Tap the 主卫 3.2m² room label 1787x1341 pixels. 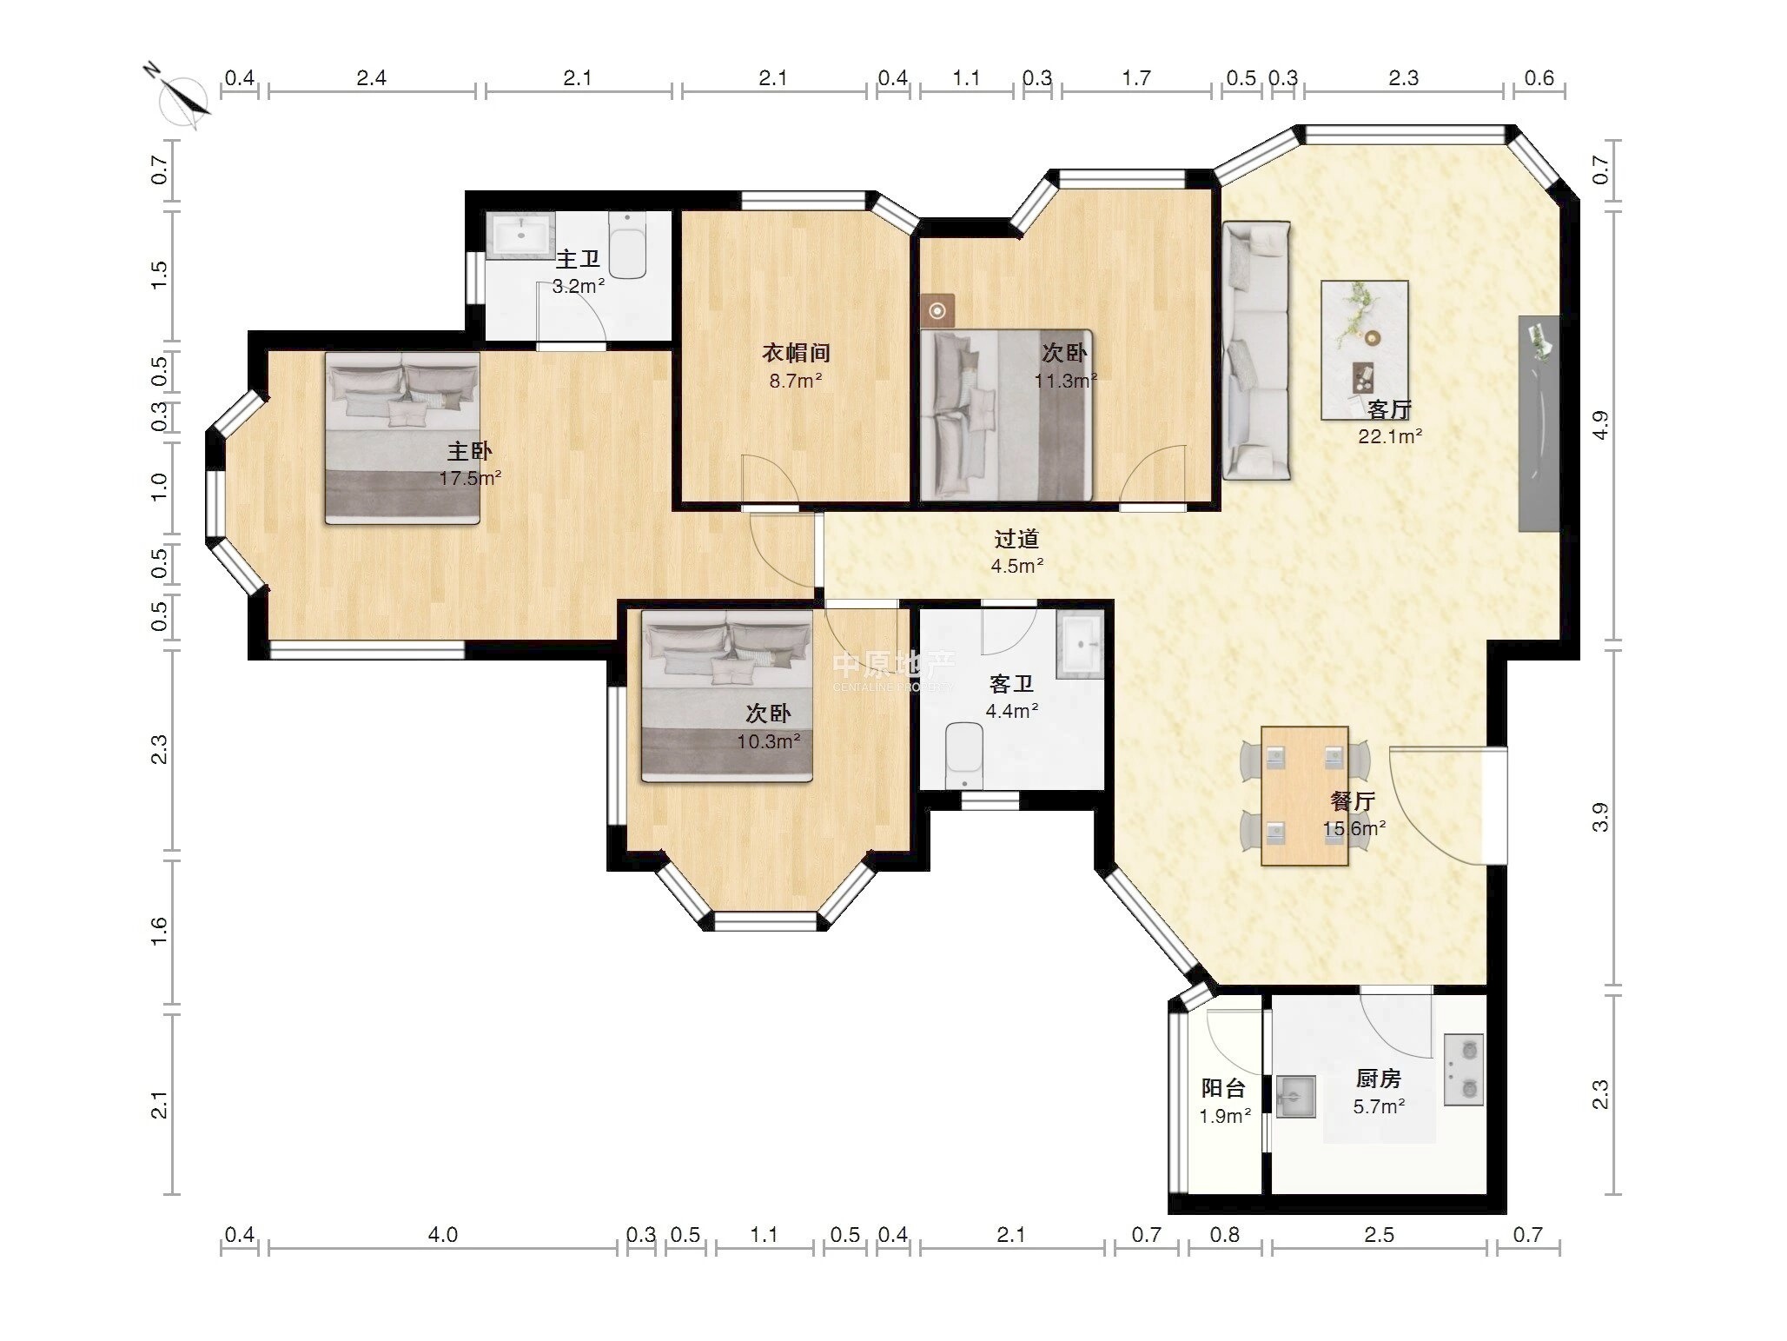[579, 272]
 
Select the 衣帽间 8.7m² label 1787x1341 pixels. [796, 366]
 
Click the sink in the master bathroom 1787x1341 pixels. [520, 235]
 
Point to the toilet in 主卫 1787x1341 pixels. [628, 247]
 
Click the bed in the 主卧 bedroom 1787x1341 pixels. [402, 437]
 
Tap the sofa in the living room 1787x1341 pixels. [1256, 349]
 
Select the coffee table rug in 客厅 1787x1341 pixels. [1365, 349]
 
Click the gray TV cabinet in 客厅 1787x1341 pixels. [1539, 423]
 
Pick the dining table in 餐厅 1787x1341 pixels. [1305, 796]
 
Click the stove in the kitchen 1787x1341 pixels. [1464, 1069]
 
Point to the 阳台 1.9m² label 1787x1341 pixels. [1225, 1101]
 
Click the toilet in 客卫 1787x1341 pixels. [964, 753]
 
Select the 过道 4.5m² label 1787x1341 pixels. [1017, 552]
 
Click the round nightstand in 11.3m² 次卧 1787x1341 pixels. [937, 310]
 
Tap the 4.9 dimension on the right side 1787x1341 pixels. [1600, 425]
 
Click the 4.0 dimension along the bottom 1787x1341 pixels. [443, 1234]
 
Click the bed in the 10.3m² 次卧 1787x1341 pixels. [727, 695]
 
